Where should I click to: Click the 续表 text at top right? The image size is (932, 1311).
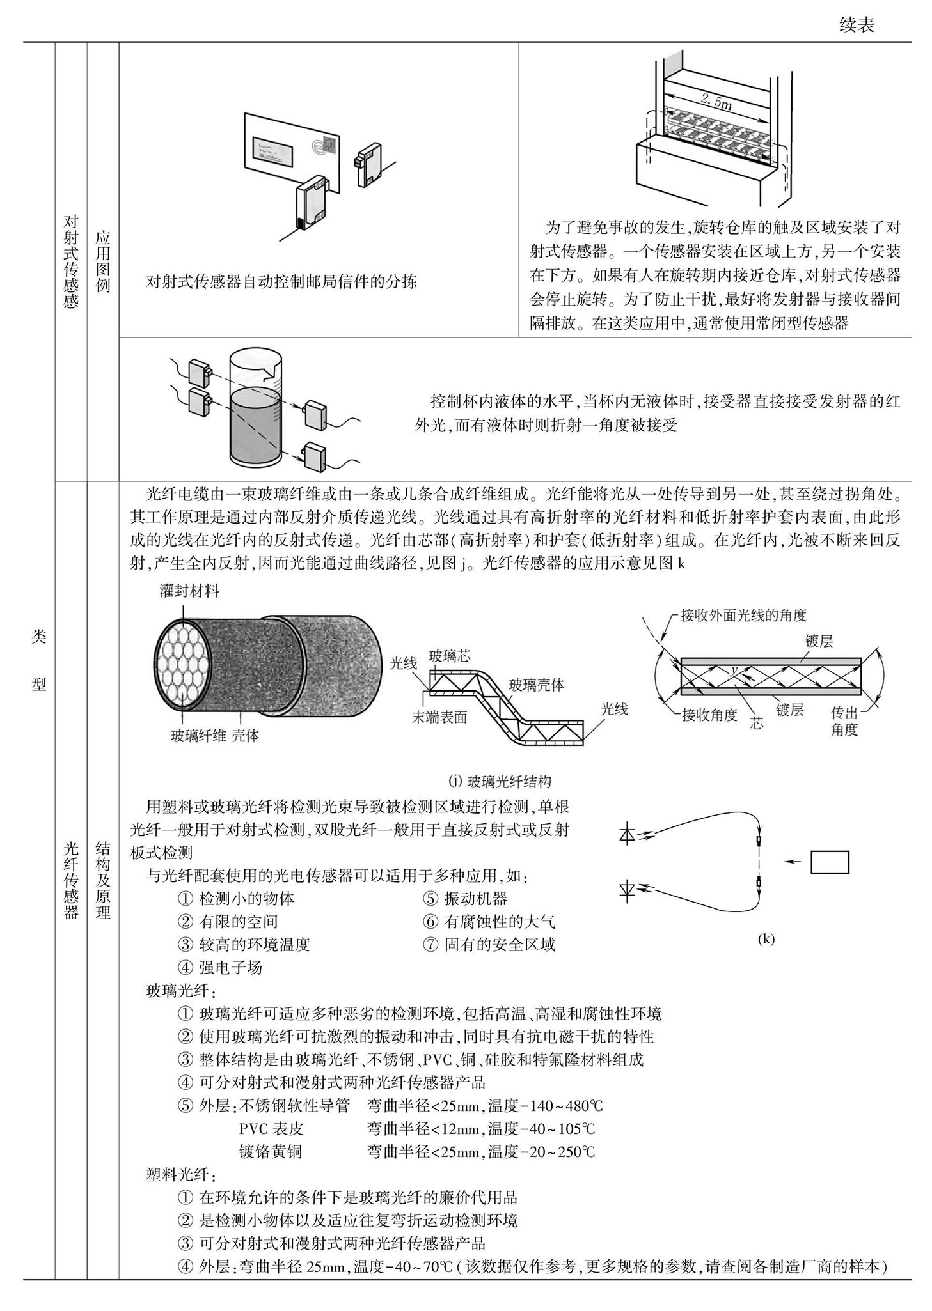tap(857, 25)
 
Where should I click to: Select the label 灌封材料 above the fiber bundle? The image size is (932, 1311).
tap(189, 590)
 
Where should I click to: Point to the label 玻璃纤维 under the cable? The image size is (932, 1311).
tap(198, 735)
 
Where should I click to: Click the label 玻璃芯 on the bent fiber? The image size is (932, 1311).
tap(450, 656)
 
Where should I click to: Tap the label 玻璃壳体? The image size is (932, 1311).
tap(536, 685)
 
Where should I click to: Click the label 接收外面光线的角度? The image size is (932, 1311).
tap(743, 615)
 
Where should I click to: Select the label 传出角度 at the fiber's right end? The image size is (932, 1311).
tap(844, 721)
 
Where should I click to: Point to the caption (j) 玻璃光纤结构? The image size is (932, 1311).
tap(500, 781)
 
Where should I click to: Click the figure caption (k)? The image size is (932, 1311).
tap(766, 939)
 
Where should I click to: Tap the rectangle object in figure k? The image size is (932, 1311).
tap(830, 862)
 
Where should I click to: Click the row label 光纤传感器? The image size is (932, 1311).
tap(71, 880)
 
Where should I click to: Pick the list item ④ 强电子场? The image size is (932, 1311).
tap(220, 967)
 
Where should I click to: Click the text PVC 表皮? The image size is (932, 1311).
tap(271, 1128)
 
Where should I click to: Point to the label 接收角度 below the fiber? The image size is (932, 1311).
tap(709, 715)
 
